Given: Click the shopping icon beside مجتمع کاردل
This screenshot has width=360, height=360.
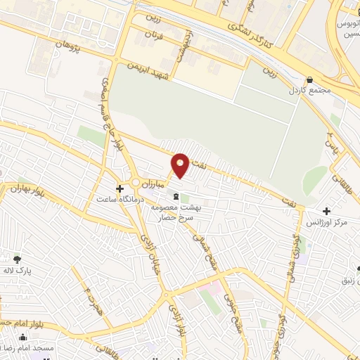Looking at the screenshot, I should [x=311, y=80].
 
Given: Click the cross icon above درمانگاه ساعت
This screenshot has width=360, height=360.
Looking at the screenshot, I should [x=120, y=189].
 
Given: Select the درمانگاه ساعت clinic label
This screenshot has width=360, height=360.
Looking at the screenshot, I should [x=120, y=200].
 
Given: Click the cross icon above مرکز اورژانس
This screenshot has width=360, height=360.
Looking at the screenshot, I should [x=326, y=211].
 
